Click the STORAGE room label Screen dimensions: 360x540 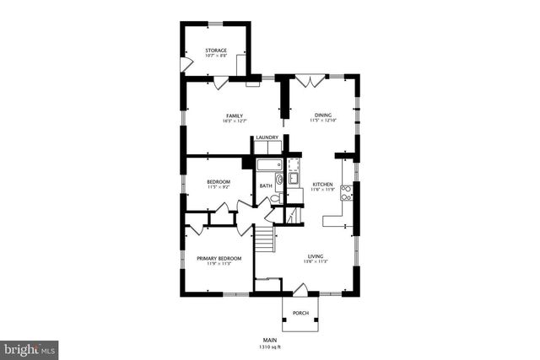(x=216, y=51)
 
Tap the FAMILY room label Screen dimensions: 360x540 (x=234, y=116)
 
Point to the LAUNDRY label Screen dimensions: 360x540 (x=267, y=137)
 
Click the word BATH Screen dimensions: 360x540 (x=266, y=185)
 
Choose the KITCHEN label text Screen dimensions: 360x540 (x=323, y=184)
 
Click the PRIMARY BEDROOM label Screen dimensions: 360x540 (x=219, y=258)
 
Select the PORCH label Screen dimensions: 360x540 (x=300, y=314)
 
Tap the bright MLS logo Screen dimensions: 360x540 (x=30, y=347)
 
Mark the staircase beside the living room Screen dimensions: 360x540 (x=267, y=239)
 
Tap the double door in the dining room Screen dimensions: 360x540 (x=314, y=82)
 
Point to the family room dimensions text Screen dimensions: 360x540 (x=234, y=121)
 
